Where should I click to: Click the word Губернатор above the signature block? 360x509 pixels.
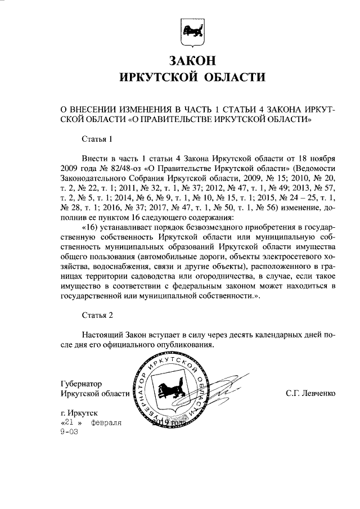82,384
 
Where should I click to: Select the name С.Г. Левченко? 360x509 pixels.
310,394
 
